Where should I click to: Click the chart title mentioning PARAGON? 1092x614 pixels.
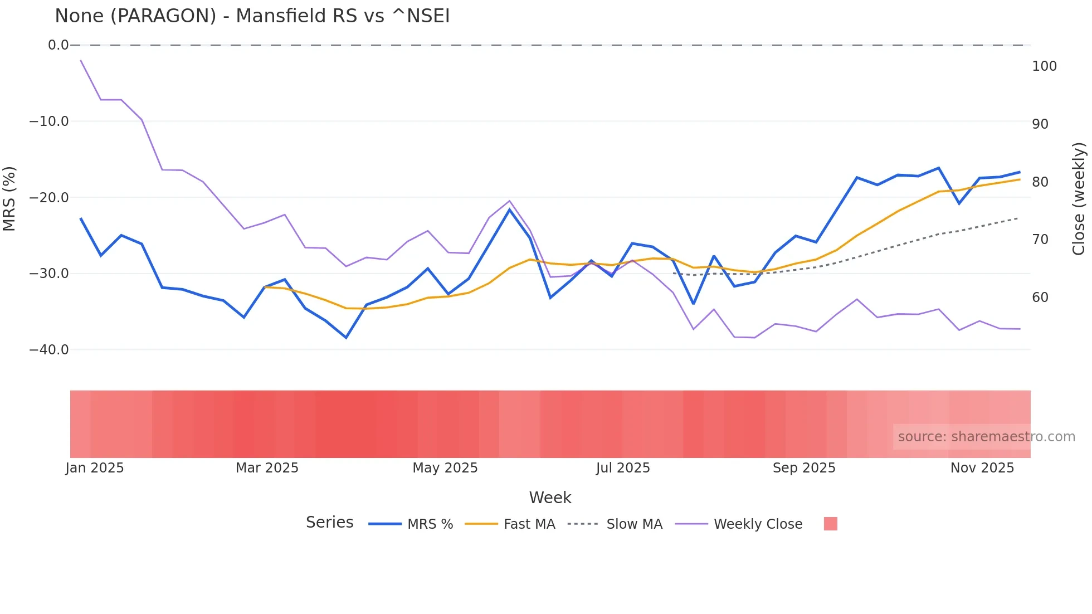pyautogui.click(x=252, y=16)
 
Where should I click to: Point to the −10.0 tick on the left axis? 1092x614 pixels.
pyautogui.click(x=49, y=121)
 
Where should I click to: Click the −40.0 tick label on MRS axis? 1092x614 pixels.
pyautogui.click(x=49, y=350)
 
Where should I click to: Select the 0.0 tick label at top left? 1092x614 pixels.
pyautogui.click(x=58, y=45)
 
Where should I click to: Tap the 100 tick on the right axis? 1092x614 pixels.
pyautogui.click(x=1044, y=66)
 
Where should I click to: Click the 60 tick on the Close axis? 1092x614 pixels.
pyautogui.click(x=1040, y=298)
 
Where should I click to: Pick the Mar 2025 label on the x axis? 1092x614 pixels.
pyautogui.click(x=267, y=468)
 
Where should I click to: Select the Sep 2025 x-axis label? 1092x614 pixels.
pyautogui.click(x=804, y=468)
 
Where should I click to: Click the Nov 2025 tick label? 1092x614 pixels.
pyautogui.click(x=982, y=468)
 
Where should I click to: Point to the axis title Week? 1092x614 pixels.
pyautogui.click(x=550, y=498)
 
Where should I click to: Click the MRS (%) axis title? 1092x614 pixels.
pyautogui.click(x=9, y=198)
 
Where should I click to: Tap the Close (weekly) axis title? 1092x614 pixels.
pyautogui.click(x=1079, y=198)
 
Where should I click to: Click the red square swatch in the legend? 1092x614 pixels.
pyautogui.click(x=830, y=524)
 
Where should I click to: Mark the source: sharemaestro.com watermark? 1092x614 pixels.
pyautogui.click(x=986, y=437)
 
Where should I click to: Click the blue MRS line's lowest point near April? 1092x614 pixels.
pyautogui.click(x=346, y=338)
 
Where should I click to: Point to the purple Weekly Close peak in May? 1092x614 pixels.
pyautogui.click(x=509, y=201)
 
